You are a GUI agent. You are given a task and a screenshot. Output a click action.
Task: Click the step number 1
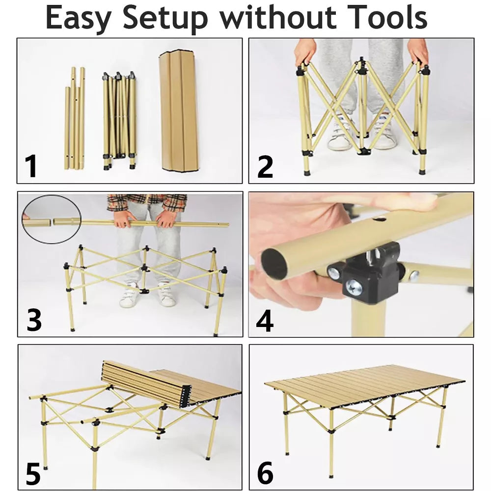point(32,165)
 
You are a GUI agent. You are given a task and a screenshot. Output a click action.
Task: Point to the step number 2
point(265,166)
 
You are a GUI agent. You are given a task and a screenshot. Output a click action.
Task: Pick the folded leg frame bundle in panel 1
point(118,120)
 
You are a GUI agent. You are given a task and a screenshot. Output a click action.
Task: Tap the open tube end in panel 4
point(274,264)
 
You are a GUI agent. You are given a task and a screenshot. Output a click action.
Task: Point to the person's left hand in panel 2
point(418,52)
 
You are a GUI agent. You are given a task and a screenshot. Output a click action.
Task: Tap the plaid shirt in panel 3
point(147,202)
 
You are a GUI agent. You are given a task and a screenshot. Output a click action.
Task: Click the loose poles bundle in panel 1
point(75,120)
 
